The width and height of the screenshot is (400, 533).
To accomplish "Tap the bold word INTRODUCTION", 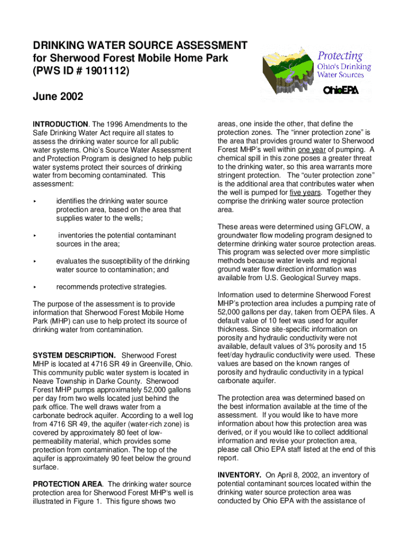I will [60, 124].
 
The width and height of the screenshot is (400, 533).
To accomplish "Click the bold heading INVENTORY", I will [239, 475].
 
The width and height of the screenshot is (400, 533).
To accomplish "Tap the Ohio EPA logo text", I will [341, 91].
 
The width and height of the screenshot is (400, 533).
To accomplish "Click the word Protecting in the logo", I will [340, 56].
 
